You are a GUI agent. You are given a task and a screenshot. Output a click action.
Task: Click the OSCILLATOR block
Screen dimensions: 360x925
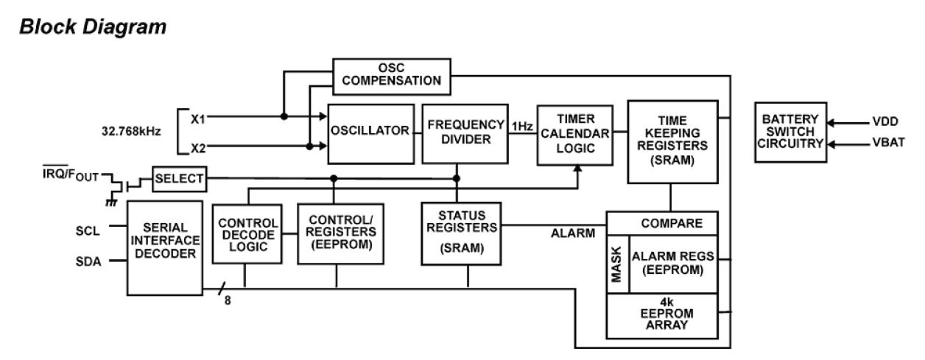370,133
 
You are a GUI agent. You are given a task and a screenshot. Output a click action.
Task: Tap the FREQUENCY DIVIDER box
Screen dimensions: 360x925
464,133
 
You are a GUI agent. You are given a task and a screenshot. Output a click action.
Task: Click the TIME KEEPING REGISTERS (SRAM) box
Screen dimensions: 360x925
672,141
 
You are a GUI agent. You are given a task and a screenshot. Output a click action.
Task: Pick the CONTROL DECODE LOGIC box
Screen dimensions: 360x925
247,234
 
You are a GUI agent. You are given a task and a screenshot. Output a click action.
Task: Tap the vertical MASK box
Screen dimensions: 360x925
616,264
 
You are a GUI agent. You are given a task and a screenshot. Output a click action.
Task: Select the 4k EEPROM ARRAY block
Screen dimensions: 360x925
661,316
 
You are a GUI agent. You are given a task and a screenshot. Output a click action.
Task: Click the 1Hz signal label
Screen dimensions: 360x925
522,126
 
